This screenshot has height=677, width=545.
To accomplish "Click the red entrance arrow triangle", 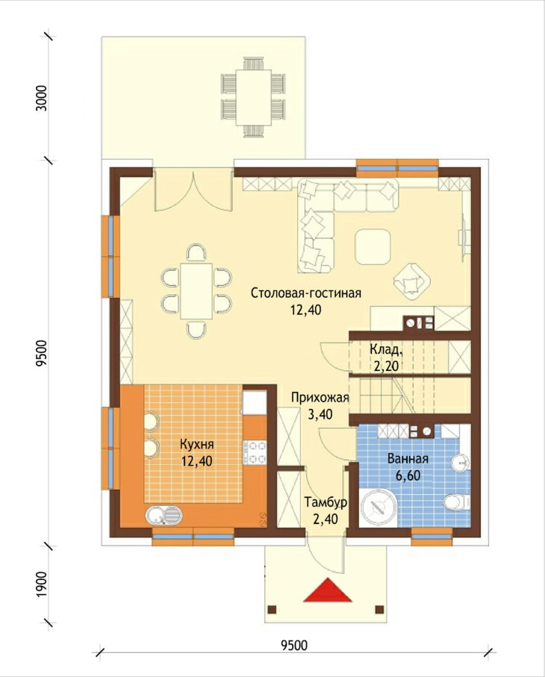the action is (328, 590).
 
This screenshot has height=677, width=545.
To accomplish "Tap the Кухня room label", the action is (196, 444).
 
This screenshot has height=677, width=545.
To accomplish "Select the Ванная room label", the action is (408, 458).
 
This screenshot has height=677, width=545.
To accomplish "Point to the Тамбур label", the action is (326, 502).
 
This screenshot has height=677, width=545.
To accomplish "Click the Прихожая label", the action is (320, 397).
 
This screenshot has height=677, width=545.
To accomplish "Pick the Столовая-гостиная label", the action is (306, 293).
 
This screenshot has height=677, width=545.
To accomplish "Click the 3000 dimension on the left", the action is (42, 99).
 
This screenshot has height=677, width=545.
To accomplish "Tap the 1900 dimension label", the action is (42, 584).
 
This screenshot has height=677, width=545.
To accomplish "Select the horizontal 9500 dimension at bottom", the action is (295, 646).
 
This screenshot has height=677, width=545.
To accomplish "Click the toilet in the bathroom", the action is (456, 502).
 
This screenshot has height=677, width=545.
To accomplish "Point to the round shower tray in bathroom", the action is (379, 508).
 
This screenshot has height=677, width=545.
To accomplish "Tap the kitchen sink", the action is (164, 515).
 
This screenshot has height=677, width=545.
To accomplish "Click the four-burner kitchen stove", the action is (255, 452).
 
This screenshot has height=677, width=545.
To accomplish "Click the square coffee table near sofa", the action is (373, 247).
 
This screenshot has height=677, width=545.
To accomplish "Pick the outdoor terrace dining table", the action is (254, 97).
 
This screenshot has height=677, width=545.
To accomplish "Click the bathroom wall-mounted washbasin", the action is (461, 463).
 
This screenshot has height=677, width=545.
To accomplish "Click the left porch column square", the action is (272, 610).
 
